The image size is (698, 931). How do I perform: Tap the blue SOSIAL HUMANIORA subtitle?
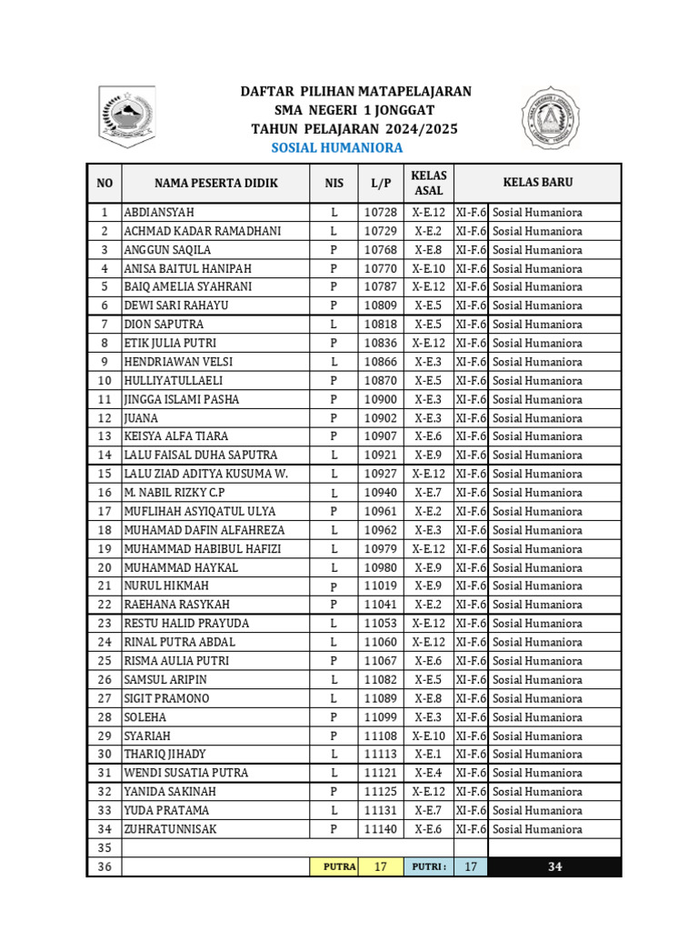[x=337, y=148]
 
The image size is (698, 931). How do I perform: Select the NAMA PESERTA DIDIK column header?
[x=216, y=183]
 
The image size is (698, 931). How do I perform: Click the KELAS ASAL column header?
[x=428, y=183]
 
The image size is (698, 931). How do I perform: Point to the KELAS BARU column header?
[x=538, y=183]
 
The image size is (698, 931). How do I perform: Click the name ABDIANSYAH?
[x=159, y=213]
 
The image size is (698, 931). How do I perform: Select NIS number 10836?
[x=380, y=343]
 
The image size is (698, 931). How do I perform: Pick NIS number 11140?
[x=380, y=829]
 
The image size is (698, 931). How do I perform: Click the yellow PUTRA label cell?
[x=339, y=867]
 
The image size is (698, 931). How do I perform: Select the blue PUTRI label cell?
[x=429, y=867]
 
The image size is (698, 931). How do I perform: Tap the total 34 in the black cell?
[x=554, y=867]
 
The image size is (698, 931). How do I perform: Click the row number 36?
[x=105, y=867]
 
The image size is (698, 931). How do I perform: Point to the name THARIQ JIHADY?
[x=165, y=754]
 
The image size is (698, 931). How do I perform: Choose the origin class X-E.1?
[x=428, y=754]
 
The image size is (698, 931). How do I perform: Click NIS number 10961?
[x=380, y=511]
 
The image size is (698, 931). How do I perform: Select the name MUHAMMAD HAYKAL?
[x=181, y=567]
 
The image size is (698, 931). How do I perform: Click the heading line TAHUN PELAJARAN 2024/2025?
[x=354, y=129]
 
